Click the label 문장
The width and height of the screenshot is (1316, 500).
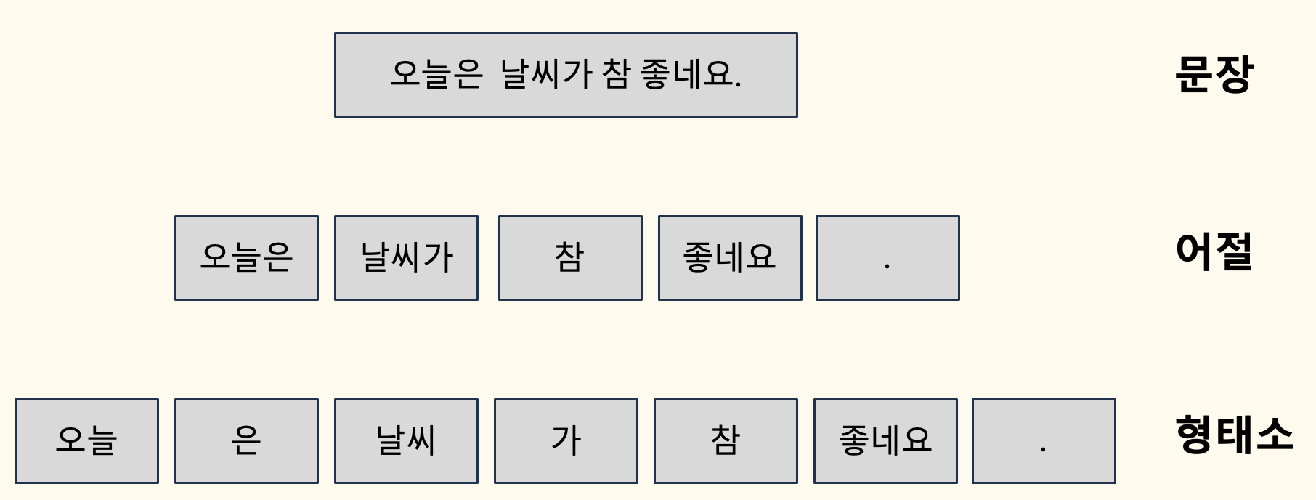pos(1214,74)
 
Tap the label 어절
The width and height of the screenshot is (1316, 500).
pos(1214,252)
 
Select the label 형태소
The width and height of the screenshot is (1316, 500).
pos(1234,435)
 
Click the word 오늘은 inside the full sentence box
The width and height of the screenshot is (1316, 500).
pos(436,74)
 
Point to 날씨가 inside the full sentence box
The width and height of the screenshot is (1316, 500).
pos(546,74)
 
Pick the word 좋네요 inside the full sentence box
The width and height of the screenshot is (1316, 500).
pos(686,74)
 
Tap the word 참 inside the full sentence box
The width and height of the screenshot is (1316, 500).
pos(615,74)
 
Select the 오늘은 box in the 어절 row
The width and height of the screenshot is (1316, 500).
pos(246,257)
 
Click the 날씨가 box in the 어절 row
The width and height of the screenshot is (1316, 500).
pos(406,257)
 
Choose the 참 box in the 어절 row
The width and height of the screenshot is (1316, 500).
pos(570,257)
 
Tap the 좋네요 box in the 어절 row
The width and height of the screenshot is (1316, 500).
pos(730,257)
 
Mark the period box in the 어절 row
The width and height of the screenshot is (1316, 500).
pos(888,257)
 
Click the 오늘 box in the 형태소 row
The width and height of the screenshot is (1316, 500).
pos(86,440)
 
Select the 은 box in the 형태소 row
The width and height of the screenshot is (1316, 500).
pos(246,440)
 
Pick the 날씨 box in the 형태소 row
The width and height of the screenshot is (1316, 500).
pos(406,440)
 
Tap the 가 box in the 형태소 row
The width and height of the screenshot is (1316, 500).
pos(566,440)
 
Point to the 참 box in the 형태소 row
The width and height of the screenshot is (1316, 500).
pos(726,440)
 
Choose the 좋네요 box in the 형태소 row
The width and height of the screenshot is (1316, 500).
pos(885,440)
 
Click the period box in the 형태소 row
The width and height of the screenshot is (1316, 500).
pos(1044,440)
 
